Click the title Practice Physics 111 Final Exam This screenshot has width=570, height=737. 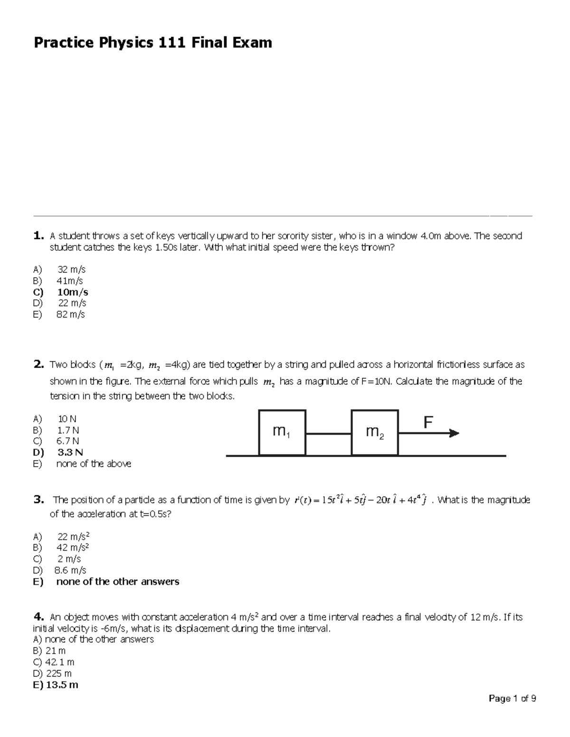tap(152, 43)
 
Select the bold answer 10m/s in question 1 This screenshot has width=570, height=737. tap(72, 292)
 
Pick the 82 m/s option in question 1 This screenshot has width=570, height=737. tap(70, 314)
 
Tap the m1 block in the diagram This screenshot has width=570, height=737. tap(282, 432)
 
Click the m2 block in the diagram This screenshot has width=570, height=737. tap(375, 432)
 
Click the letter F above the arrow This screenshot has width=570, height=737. tap(428, 422)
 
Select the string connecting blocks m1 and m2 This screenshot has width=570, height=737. tap(328, 433)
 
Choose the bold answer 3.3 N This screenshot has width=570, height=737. tap(70, 452)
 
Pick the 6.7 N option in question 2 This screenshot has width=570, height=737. tap(67, 441)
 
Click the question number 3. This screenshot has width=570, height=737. tap(38, 499)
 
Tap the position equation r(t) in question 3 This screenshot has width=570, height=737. tap(361, 500)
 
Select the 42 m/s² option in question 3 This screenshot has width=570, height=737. tap(73, 547)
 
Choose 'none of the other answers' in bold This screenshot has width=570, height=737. tap(117, 581)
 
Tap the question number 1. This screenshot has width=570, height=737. tap(38, 235)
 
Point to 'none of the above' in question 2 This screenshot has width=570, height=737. tap(94, 464)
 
